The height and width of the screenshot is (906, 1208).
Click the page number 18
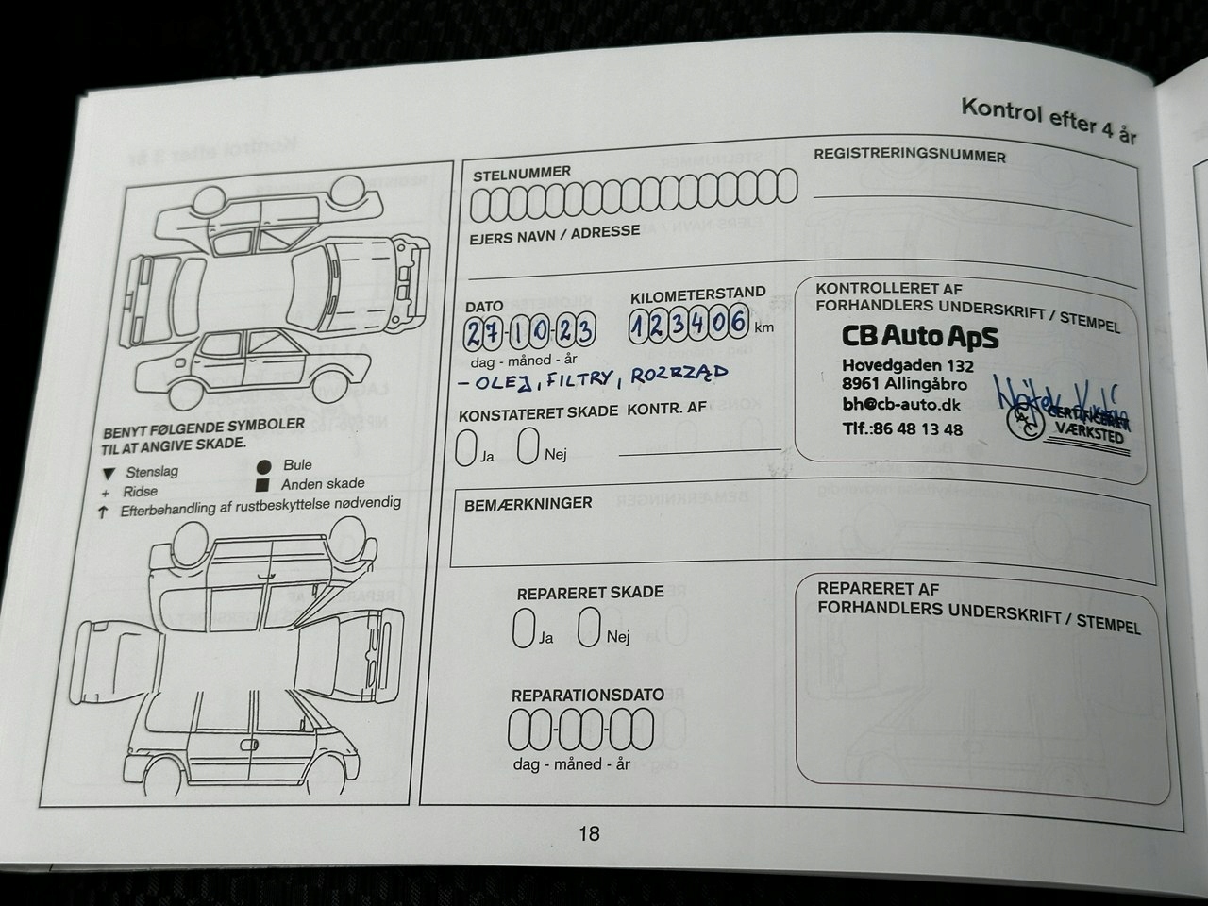[x=589, y=833]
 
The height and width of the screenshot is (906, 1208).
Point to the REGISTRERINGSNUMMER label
[x=910, y=155]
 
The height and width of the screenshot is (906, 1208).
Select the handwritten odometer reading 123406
[x=689, y=325]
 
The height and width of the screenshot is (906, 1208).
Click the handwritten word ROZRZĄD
[x=679, y=375]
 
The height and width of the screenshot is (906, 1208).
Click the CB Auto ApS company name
[x=919, y=337]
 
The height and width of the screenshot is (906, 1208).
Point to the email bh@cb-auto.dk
[x=901, y=405]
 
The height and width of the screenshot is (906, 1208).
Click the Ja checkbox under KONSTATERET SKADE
[x=465, y=446]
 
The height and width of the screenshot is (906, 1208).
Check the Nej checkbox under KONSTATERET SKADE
[x=529, y=445]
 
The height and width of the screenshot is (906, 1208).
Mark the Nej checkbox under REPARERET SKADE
[x=590, y=628]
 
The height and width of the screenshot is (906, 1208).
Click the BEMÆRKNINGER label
[x=528, y=504]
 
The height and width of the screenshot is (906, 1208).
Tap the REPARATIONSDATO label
[x=587, y=696]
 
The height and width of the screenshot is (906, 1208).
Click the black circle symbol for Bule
[x=264, y=466]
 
